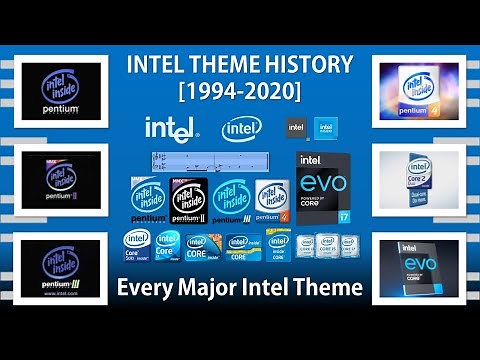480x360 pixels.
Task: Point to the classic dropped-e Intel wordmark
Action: [171, 129]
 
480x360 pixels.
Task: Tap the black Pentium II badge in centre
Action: [190, 201]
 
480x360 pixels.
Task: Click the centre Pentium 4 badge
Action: [272, 200]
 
